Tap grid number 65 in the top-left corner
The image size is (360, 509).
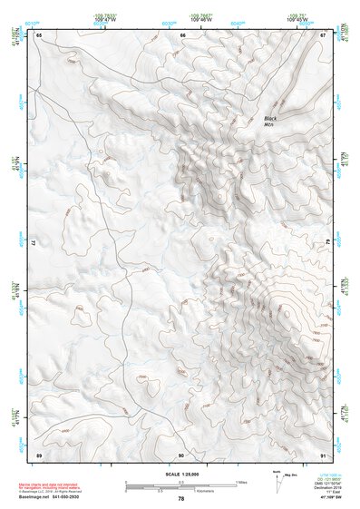39,34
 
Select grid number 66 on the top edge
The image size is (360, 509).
182,34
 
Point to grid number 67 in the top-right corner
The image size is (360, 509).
323,34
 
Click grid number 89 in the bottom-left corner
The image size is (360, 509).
39,454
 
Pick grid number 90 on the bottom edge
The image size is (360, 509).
181,454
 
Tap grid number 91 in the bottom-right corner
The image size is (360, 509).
323,454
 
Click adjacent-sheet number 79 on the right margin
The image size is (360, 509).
326,244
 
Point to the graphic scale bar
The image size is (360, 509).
180,485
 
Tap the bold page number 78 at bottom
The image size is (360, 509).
180,499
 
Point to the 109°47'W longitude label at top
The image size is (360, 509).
110,19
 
